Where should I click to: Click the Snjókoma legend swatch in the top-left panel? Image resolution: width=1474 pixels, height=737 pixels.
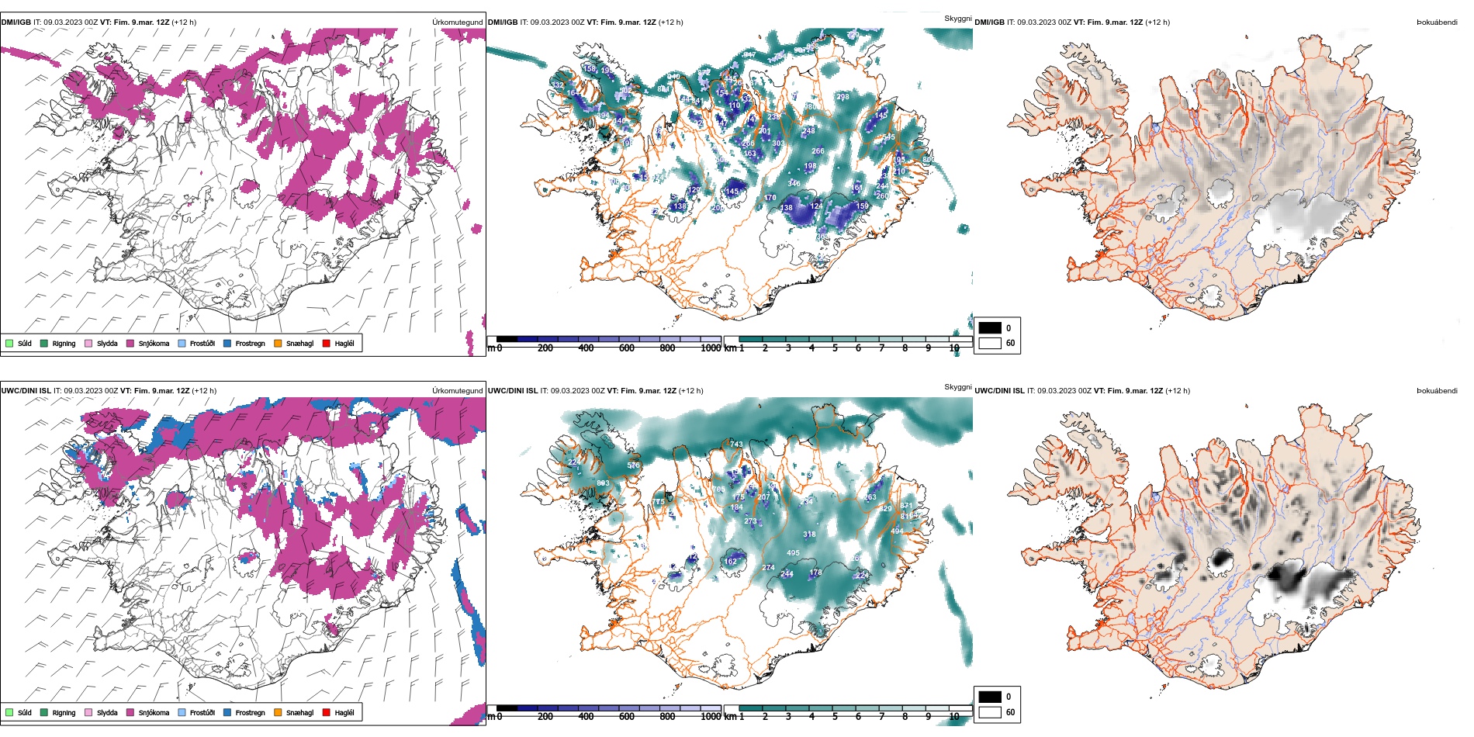point(130,344)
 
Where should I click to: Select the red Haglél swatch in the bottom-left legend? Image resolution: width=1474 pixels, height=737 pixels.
point(327,713)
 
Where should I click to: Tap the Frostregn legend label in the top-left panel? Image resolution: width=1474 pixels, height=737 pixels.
point(250,344)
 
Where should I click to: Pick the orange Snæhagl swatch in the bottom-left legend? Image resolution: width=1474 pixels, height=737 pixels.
point(278,713)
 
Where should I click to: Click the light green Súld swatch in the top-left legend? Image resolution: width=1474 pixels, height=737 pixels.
point(9,344)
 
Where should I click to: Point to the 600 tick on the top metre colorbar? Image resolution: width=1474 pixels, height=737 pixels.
point(627,348)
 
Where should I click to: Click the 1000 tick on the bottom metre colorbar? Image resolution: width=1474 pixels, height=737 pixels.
point(711,717)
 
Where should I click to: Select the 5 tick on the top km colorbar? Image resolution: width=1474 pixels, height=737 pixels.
point(835,348)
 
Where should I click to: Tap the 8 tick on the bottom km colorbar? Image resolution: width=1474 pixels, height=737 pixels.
point(905,717)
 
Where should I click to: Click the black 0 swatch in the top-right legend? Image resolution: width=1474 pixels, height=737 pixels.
point(990,328)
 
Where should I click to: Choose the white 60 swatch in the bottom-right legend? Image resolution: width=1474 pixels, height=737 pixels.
point(990,712)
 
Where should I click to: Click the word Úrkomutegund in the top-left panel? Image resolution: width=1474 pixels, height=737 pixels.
point(457,22)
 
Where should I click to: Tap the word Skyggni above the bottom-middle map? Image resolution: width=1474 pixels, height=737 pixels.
point(957,387)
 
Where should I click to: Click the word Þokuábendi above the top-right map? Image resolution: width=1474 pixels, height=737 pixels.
point(1437,22)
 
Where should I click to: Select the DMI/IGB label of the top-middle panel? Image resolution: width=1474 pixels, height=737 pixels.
point(503,22)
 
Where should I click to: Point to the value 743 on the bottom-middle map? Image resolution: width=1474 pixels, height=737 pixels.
point(736,445)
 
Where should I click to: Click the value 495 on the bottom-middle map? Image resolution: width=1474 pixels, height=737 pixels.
point(793,553)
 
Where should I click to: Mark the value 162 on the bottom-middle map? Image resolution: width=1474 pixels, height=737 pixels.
point(731,562)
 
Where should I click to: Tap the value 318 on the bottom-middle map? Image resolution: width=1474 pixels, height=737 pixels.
point(809,535)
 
